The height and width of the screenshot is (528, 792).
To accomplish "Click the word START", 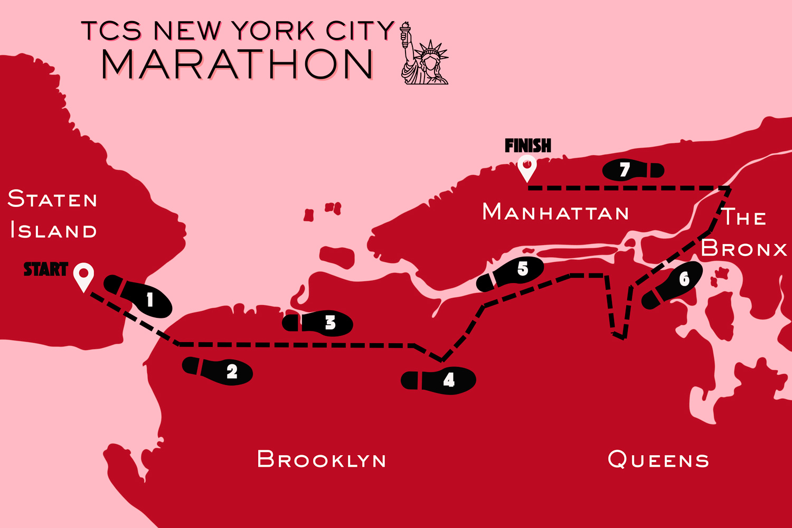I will point(46,269).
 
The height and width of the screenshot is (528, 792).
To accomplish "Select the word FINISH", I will point(527,145).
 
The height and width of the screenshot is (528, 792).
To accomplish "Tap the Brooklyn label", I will point(321,459).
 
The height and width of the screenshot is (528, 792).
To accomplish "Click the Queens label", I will point(658,459).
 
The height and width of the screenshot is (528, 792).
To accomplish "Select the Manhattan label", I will point(555,212).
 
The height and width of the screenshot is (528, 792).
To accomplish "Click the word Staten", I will point(53,200).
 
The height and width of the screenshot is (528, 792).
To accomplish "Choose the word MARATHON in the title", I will point(238,65).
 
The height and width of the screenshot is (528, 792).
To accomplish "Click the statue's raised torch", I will point(406,29).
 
